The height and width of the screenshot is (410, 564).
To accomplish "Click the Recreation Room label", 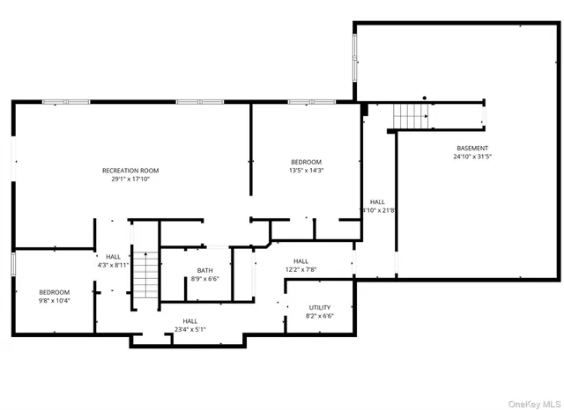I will tap(130, 170).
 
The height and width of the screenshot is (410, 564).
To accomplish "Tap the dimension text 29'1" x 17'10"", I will tap(130, 179).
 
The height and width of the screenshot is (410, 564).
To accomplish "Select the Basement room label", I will tap(472, 148).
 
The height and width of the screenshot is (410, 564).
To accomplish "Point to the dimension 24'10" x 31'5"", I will tap(472, 157).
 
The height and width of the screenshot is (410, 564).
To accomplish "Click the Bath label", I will tap(204, 270).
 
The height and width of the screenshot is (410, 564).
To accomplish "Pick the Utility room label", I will tap(319, 307).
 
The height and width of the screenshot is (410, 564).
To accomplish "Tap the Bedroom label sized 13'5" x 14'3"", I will tap(307, 162).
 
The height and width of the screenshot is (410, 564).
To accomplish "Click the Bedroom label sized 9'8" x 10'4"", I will tap(54, 292).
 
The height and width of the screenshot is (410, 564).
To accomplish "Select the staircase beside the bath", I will tap(145, 274).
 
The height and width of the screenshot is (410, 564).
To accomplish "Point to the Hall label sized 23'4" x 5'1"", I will tap(190, 321).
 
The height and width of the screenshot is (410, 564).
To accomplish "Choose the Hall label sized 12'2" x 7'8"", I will tap(301, 260).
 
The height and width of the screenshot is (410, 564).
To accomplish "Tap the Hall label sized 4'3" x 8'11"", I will tap(113, 257).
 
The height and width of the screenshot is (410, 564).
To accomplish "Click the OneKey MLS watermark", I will tap(532, 401).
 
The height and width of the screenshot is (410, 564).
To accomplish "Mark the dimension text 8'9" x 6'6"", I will tap(204, 279).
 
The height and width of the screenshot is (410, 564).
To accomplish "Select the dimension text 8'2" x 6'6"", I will tap(319, 316).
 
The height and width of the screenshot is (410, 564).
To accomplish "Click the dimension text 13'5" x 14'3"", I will tap(307, 171).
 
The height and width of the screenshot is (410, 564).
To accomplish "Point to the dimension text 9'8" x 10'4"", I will tap(54, 301).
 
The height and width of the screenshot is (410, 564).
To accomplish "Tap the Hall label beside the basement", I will tap(377, 201).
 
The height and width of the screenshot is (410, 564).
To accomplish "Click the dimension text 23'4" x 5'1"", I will tap(190, 330).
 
